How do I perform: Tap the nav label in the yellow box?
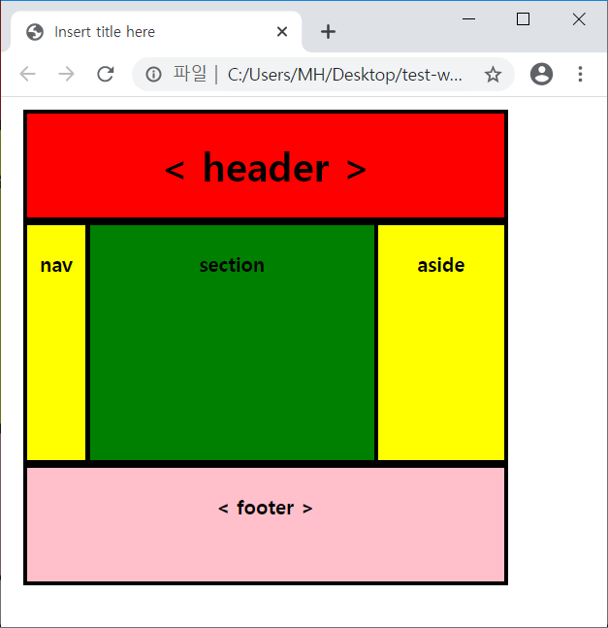(56, 265)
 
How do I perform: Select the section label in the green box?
(232, 265)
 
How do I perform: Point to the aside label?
(441, 265)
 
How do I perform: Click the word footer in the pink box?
(265, 508)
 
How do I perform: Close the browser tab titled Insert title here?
(282, 32)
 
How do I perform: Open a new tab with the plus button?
(329, 32)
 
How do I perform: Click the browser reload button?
(106, 74)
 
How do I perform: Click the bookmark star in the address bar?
(493, 74)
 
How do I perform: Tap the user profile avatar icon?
(542, 74)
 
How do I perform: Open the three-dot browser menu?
(581, 74)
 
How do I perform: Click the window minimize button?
(468, 18)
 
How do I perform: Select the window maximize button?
(524, 18)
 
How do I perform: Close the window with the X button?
(579, 18)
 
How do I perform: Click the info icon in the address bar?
(153, 74)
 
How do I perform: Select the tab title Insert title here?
(105, 32)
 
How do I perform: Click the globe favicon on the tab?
(36, 32)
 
